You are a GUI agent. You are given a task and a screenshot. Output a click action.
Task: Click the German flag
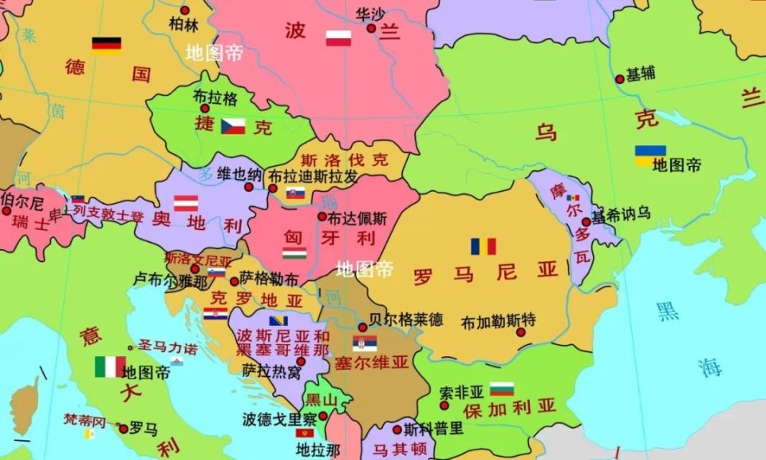click(106, 45)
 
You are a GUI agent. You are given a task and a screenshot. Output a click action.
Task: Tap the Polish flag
click(338, 38)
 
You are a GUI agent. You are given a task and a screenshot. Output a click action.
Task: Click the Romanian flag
click(483, 246)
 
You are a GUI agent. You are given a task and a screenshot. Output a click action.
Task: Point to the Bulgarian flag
click(501, 389)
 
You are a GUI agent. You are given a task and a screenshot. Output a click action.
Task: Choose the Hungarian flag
click(294, 254)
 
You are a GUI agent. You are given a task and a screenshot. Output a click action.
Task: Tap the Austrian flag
click(186, 203)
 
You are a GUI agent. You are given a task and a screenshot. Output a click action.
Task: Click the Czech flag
click(233, 126)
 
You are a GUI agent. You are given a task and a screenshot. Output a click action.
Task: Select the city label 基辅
click(641, 74)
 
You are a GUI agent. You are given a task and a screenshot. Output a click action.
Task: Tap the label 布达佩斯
click(357, 217)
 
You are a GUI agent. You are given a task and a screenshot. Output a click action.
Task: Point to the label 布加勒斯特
click(499, 321)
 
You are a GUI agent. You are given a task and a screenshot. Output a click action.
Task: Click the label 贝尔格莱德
click(405, 319)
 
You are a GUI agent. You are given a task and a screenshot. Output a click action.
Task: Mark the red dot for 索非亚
click(444, 406)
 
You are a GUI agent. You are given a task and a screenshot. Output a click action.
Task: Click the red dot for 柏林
click(185, 10)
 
